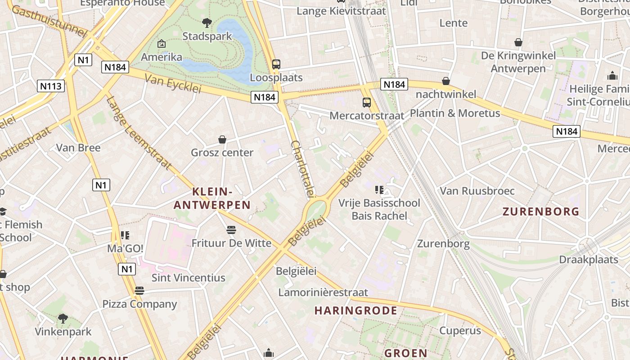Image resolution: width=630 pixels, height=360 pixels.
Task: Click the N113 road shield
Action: tap(51, 86)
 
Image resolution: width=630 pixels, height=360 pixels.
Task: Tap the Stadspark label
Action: tap(207, 36)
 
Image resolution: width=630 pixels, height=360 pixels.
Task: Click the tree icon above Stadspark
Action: tap(207, 22)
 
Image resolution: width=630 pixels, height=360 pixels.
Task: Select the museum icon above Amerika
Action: tap(162, 44)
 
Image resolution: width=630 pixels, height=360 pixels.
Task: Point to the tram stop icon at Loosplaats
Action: tap(276, 64)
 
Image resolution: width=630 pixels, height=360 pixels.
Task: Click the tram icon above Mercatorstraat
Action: tap(367, 103)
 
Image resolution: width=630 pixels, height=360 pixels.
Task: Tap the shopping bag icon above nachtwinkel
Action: tap(446, 81)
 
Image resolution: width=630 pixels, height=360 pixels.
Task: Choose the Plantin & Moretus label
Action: tap(454, 113)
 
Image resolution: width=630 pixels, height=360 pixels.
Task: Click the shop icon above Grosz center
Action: tap(222, 139)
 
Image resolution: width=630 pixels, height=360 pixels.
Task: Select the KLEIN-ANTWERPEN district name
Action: tap(212, 198)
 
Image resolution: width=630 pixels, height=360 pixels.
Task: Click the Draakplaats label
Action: tap(588, 260)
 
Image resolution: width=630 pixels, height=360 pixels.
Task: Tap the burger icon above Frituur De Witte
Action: tap(231, 230)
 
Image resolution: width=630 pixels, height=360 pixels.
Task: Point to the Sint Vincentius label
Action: tap(188, 278)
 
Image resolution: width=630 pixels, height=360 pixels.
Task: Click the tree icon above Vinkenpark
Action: tap(63, 319)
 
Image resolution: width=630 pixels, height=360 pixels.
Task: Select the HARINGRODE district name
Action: tap(355, 310)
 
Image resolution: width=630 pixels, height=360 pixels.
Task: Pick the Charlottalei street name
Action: tap(302, 169)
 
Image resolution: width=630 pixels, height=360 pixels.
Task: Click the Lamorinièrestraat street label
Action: tap(323, 292)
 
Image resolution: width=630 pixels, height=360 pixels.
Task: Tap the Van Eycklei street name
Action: tap(173, 84)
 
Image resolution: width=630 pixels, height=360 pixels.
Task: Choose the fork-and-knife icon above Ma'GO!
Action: tap(125, 235)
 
